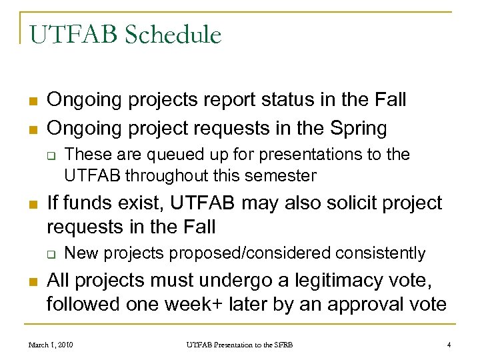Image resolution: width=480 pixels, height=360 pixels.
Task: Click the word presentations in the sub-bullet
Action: (311, 154)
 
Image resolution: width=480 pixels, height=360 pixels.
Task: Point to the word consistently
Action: (380, 253)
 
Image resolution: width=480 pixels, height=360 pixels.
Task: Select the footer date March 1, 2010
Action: (51, 344)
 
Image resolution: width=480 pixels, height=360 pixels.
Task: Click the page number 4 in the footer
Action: (449, 344)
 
